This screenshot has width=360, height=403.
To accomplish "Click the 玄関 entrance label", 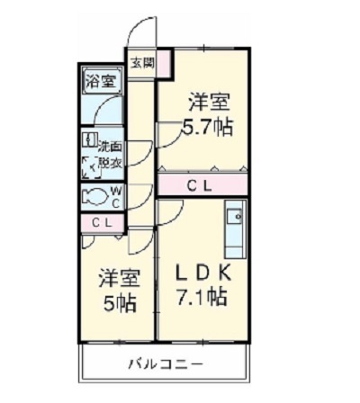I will pos(142,63).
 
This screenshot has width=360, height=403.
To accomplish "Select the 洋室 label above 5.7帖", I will pos(207,101).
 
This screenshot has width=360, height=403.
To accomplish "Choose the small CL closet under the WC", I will pos(101,222).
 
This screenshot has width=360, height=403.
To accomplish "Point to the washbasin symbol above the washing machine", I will pos(89,140).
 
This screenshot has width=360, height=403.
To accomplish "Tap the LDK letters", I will pos(203,270).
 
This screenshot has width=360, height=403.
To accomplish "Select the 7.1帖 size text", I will pos(203,297).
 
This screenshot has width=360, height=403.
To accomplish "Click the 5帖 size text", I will pos(118,303).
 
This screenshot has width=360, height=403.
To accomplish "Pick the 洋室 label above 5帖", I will pos(117,278).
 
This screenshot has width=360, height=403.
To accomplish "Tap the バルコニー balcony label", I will pos(164,364).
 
